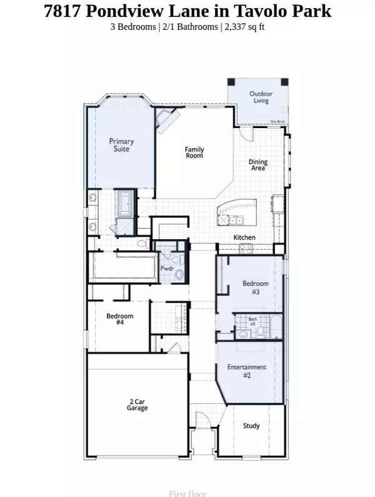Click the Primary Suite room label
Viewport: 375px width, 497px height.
click(121, 145)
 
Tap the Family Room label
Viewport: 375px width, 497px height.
click(194, 152)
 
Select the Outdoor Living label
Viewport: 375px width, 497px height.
click(261, 97)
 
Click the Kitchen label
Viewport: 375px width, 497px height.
click(244, 238)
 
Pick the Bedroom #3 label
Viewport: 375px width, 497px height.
click(255, 287)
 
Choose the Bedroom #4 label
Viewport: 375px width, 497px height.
click(119, 319)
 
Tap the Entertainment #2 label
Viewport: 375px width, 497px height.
click(247, 371)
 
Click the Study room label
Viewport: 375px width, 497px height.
click(251, 426)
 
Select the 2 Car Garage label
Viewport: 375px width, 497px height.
click(137, 405)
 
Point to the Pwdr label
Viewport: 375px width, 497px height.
click(167, 268)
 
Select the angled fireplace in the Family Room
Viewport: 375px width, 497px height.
click(166, 120)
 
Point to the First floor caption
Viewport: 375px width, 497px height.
click(187, 493)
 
